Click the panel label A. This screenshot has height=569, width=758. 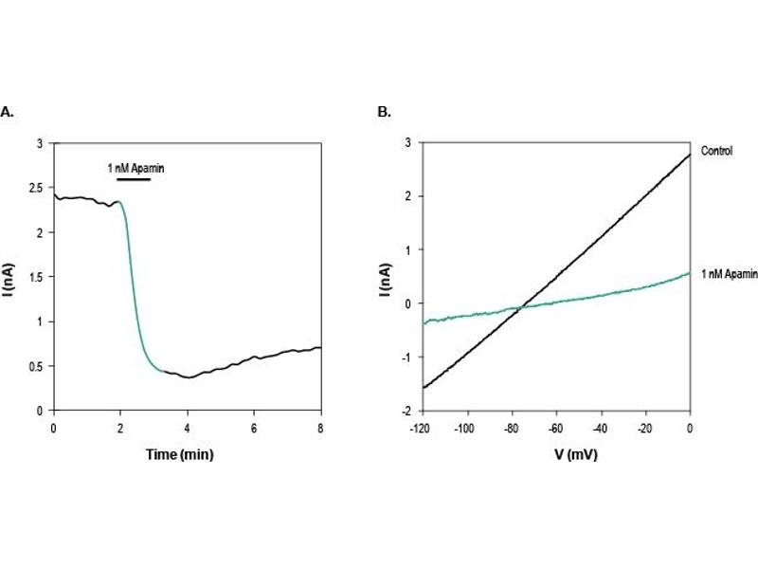(7, 112)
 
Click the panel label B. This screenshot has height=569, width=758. (384, 112)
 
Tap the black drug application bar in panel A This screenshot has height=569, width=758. (133, 177)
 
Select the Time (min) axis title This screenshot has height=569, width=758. (179, 455)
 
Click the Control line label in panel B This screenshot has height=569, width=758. (717, 151)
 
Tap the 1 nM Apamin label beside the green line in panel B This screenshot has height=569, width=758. (728, 273)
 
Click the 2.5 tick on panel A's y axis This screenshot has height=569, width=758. (38, 188)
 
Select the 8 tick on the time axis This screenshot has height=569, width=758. (321, 428)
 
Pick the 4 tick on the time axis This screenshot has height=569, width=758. (188, 428)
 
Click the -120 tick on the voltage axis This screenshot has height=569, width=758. (419, 428)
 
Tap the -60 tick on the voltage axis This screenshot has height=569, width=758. (554, 428)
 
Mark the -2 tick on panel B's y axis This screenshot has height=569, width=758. (406, 412)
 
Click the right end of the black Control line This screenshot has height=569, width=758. (689, 155)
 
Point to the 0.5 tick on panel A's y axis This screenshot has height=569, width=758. (38, 366)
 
